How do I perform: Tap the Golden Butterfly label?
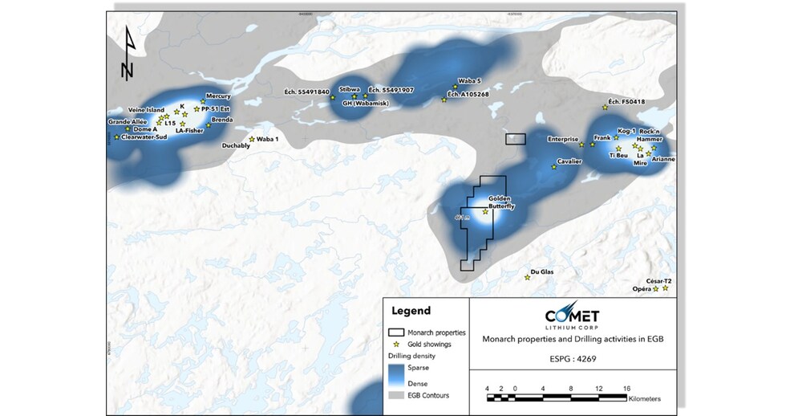point(501,203)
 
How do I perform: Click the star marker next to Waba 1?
point(252,139)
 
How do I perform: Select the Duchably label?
point(236,146)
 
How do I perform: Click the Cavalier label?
point(569,161)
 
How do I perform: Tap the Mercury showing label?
point(218,96)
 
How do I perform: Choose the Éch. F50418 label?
point(626,101)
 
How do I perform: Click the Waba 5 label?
point(468,81)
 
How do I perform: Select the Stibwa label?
point(350,89)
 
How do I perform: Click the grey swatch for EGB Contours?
point(398,395)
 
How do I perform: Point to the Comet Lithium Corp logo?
point(571,316)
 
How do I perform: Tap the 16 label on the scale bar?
point(626,388)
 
